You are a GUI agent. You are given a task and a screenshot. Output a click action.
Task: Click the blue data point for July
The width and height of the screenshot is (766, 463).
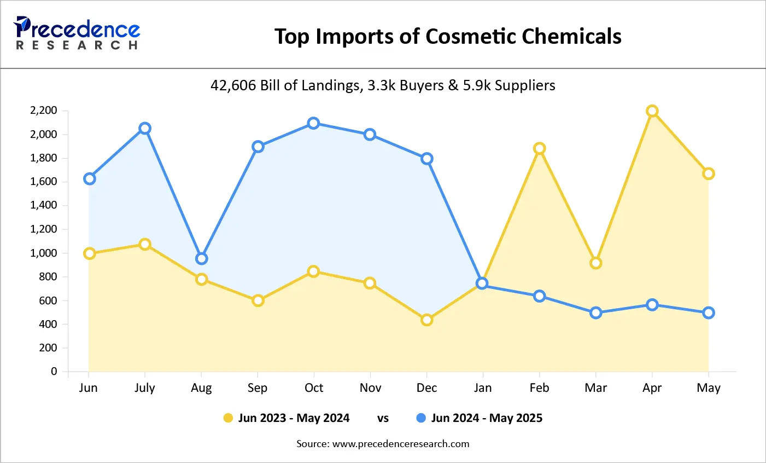point(145,129)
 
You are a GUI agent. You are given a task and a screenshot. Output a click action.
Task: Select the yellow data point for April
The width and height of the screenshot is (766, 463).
point(652,111)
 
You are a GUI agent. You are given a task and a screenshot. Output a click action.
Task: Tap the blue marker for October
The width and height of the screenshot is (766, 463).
point(313,123)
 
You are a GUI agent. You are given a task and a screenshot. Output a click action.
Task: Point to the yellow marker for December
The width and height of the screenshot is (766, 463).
point(427,320)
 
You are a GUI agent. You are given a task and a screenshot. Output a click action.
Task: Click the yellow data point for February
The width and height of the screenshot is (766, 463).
point(540,148)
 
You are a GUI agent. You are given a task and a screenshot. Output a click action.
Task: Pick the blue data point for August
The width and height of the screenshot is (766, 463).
point(202,259)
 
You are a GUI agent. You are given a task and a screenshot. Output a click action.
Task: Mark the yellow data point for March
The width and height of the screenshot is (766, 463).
point(596,263)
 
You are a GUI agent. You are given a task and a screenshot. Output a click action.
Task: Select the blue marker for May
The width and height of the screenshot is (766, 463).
point(709,313)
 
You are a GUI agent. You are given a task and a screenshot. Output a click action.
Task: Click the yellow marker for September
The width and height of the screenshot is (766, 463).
point(258,300)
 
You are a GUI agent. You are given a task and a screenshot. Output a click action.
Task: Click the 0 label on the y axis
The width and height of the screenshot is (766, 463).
point(54,372)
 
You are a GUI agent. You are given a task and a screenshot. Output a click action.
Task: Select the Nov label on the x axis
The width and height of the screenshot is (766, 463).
point(370,388)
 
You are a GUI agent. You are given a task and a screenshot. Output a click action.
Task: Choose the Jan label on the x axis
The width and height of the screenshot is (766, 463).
point(483,388)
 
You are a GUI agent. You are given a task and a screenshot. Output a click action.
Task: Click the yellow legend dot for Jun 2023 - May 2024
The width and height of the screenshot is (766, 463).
point(228,418)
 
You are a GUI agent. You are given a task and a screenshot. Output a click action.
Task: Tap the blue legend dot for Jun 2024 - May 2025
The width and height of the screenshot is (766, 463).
point(421,418)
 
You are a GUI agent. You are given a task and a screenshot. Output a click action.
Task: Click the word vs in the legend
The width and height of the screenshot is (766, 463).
point(383,418)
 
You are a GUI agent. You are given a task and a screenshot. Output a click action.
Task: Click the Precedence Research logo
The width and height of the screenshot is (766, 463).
point(77,33)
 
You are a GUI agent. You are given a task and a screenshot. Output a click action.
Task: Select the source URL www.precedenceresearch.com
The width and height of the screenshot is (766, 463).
point(401,444)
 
